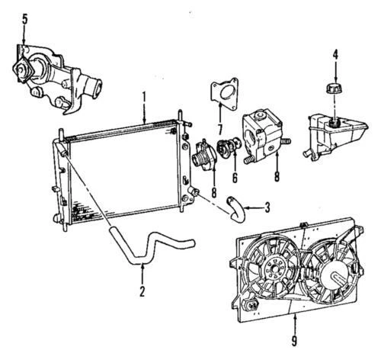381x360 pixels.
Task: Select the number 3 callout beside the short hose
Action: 266,206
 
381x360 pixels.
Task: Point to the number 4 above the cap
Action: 334,55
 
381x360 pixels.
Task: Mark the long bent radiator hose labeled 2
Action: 152,248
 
